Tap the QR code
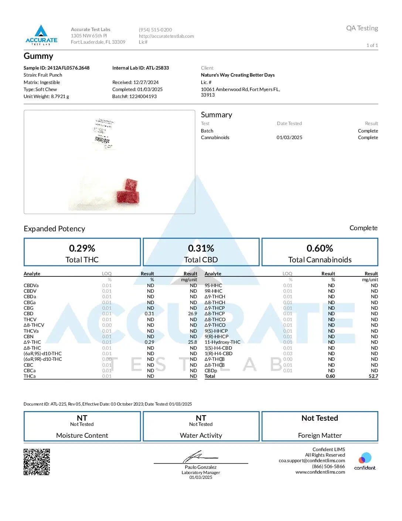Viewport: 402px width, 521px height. pyautogui.click(x=37, y=462)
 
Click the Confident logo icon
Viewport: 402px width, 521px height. pyautogui.click(x=365, y=458)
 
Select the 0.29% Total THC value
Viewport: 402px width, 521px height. pyautogui.click(x=82, y=248)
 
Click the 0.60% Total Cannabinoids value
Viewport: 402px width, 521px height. pyautogui.click(x=320, y=248)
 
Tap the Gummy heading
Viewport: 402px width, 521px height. pyautogui.click(x=38, y=56)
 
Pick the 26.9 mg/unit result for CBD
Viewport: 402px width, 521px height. pyautogui.click(x=193, y=314)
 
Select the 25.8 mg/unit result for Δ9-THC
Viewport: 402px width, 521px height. pyautogui.click(x=193, y=342)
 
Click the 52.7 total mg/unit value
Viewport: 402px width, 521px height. pyautogui.click(x=373, y=376)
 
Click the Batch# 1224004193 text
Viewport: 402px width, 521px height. pyautogui.click(x=134, y=97)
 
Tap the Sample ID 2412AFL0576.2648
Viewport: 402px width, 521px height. pyautogui.click(x=57, y=68)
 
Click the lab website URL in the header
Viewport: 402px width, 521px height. pyautogui.click(x=166, y=36)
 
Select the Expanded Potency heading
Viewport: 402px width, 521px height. pyautogui.click(x=54, y=229)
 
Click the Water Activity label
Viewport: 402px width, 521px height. pyautogui.click(x=201, y=436)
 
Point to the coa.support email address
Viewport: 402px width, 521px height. pyautogui.click(x=312, y=461)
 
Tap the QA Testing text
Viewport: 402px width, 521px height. pyautogui.click(x=362, y=28)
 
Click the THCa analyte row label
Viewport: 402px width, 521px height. pyautogui.click(x=30, y=376)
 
